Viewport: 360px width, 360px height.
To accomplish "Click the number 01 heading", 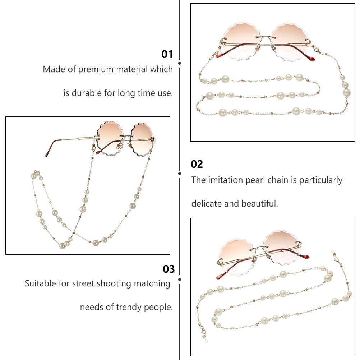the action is coord(167,54).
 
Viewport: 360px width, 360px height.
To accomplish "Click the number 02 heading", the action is coord(197,164).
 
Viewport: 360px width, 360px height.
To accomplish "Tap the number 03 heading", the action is coord(169,269).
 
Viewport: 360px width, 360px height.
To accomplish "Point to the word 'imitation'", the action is coord(226,180).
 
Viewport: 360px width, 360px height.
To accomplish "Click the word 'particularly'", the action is coord(321,180).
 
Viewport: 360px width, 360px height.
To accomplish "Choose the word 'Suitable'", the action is coord(40,283).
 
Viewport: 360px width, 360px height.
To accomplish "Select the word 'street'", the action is coord(83,283).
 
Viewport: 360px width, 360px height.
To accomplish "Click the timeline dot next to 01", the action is coord(180,63).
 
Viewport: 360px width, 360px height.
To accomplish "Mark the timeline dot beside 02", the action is coord(180,174).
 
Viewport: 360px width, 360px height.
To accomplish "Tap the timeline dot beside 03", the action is coord(180,280).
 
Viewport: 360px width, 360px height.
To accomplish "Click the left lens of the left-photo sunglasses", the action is coord(110,139).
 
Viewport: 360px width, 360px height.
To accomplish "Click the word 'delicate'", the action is coord(207,204).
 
